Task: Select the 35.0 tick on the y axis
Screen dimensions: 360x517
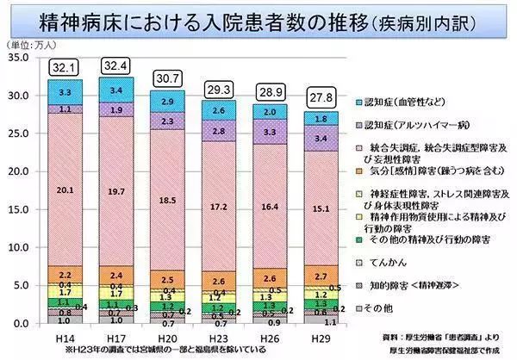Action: [18, 58]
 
